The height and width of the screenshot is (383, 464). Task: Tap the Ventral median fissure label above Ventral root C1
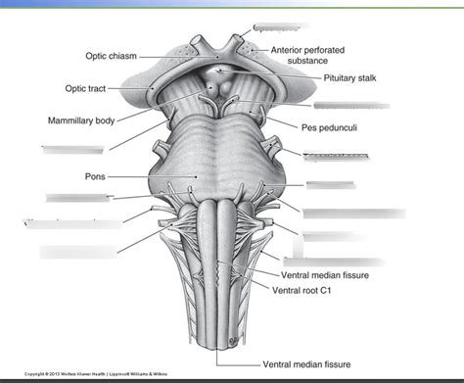(x=324, y=275)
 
